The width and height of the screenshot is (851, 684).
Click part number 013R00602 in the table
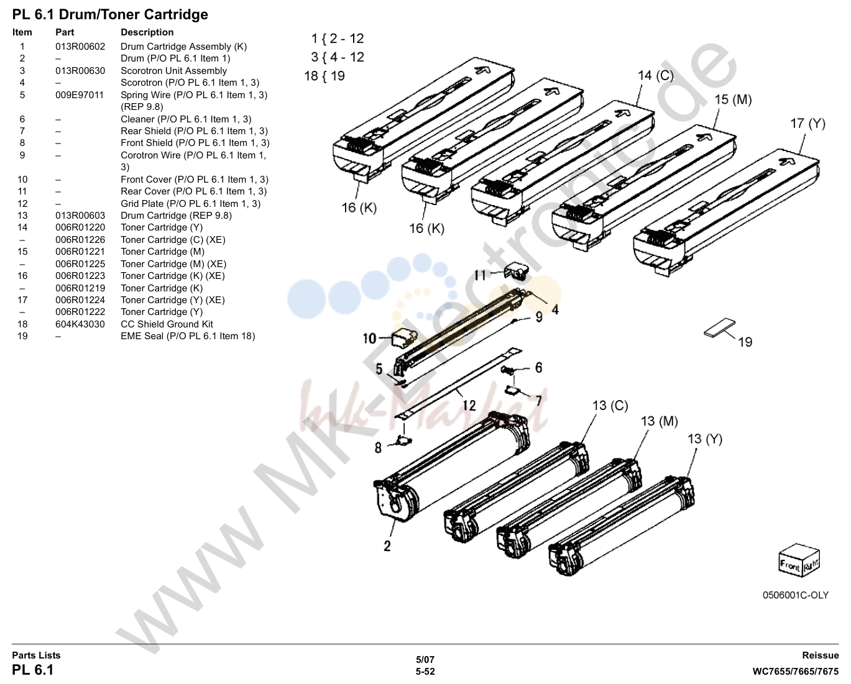[x=80, y=47]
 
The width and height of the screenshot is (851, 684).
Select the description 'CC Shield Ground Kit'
[x=167, y=324]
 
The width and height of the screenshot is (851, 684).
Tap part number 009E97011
[x=80, y=95]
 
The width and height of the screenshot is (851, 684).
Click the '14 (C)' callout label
[x=656, y=75]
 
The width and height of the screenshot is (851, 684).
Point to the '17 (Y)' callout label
[x=808, y=124]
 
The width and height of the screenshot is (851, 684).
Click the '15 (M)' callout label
[x=733, y=99]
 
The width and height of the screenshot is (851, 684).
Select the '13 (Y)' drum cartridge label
[x=705, y=439]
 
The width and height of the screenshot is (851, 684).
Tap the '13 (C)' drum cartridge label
[x=610, y=406]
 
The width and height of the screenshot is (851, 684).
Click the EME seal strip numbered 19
[x=720, y=328]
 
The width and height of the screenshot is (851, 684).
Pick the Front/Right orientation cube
[x=799, y=560]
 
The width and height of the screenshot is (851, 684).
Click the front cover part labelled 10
[x=404, y=339]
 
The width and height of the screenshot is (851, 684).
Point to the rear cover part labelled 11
[x=517, y=271]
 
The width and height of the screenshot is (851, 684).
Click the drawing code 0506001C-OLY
[x=795, y=595]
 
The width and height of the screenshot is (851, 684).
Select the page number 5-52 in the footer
[x=425, y=672]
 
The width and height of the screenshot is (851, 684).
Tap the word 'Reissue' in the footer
[x=820, y=655]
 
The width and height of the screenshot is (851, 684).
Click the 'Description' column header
[x=147, y=32]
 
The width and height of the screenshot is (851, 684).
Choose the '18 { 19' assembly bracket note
[x=324, y=76]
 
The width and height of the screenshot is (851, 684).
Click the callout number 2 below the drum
[x=387, y=546]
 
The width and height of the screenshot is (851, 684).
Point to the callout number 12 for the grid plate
[x=469, y=406]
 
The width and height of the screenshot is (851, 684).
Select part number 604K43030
[x=80, y=324]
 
